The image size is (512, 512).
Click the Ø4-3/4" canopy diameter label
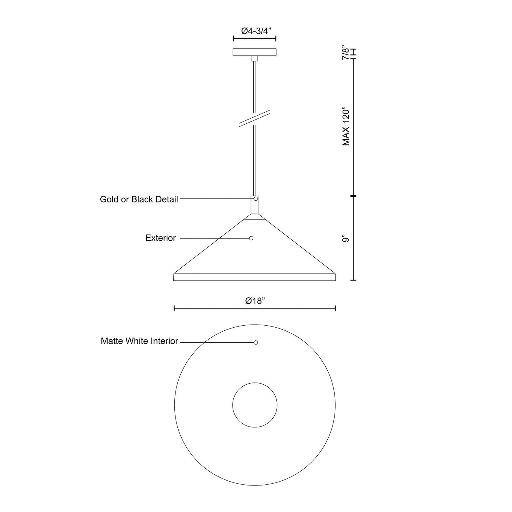pyautogui.click(x=254, y=31)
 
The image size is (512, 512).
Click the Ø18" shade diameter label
pyautogui.click(x=255, y=301)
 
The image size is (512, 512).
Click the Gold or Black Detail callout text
pyautogui.click(x=139, y=199)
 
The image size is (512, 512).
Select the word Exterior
pyautogui.click(x=161, y=238)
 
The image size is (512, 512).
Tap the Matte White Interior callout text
pyautogui.click(x=139, y=341)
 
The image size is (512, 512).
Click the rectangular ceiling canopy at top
pyautogui.click(x=254, y=52)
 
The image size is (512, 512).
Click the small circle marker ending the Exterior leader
pyautogui.click(x=251, y=238)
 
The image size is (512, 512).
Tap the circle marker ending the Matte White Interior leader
pyautogui.click(x=256, y=342)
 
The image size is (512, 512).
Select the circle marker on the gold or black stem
pyautogui.click(x=256, y=199)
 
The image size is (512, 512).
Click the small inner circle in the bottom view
pyautogui.click(x=255, y=405)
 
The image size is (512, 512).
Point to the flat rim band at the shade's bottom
pyautogui.click(x=255, y=277)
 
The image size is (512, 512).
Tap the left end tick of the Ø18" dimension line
pyautogui.click(x=174, y=308)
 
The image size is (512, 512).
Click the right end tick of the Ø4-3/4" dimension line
pyautogui.click(x=276, y=39)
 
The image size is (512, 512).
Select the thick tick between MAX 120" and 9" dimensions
pyautogui.click(x=354, y=196)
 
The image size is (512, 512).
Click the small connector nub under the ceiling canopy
pyautogui.click(x=255, y=58)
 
